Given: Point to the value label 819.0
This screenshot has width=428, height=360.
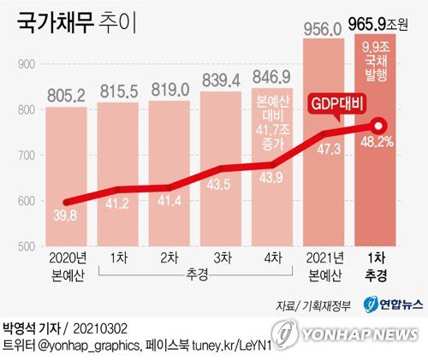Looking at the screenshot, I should click(x=169, y=89).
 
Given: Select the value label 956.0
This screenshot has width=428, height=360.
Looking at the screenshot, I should click(x=324, y=27).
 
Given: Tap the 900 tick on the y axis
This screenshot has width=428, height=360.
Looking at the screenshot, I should click(x=26, y=65).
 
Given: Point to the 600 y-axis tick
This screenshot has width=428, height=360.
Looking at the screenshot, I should click(x=26, y=201).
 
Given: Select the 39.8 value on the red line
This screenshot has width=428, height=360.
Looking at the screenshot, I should click(x=65, y=215).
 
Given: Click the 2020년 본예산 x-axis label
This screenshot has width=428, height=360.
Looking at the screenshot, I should click(x=66, y=266).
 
